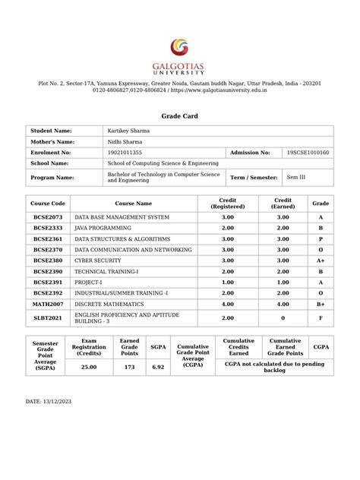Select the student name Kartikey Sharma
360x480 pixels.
click(128, 131)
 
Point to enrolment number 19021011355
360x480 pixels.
click(125, 153)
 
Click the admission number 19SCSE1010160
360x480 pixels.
click(308, 153)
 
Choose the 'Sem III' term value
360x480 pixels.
click(295, 177)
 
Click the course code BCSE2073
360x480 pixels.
click(48, 217)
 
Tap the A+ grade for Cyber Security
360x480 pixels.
click(321, 260)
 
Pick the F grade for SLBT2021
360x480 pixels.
click(321, 318)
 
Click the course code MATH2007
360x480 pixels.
click(48, 303)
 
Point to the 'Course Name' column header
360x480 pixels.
click(133, 204)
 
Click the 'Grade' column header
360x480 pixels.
click(321, 204)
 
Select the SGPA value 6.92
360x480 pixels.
click(158, 367)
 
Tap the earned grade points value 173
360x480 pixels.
click(129, 367)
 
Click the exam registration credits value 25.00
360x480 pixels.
click(90, 367)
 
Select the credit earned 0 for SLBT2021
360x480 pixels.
click(283, 318)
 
